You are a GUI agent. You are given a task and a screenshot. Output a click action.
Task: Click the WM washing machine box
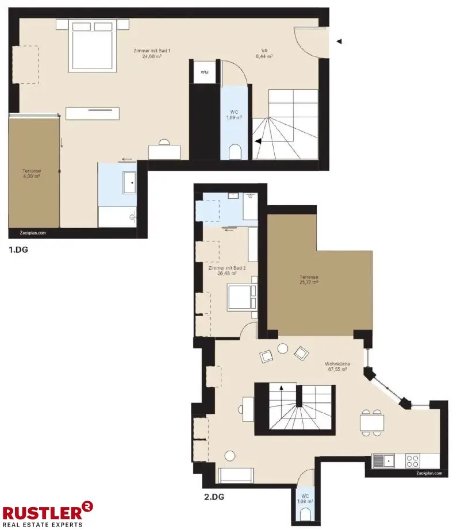point(204,72)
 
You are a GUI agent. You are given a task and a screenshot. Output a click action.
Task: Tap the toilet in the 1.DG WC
point(235,152)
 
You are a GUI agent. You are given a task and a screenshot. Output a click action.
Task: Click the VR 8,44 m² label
point(264,53)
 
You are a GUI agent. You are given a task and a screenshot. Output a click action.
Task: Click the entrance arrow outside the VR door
point(339,41)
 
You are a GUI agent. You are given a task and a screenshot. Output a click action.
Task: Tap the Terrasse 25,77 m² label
point(309,279)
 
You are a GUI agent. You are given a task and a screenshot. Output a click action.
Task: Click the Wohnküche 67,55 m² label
point(336,367)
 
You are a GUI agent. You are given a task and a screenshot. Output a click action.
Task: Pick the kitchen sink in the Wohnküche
point(383,460)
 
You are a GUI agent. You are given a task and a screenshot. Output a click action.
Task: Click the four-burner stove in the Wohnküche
point(412,460)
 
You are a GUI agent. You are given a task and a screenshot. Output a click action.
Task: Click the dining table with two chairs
point(372,423)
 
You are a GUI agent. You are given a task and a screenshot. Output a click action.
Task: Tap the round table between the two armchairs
point(282,348)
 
